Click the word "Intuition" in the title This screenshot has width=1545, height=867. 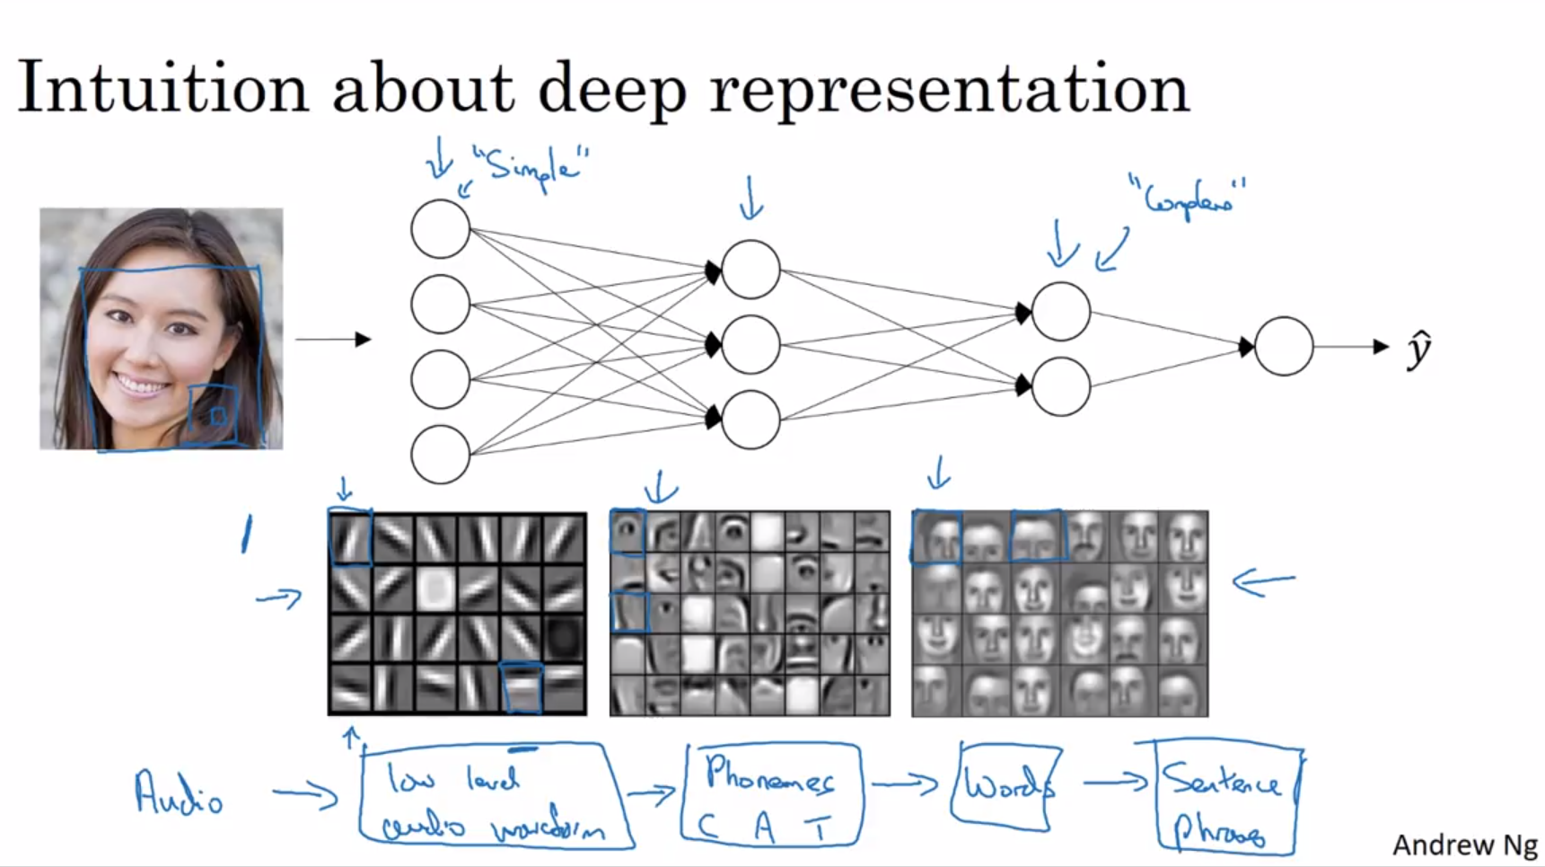[x=162, y=88]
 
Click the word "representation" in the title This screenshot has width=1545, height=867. [x=949, y=90]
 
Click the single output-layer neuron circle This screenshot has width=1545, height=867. [x=1284, y=346]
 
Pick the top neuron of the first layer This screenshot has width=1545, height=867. [x=440, y=229]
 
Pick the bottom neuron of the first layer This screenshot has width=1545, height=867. [x=440, y=455]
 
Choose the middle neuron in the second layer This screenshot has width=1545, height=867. [x=751, y=344]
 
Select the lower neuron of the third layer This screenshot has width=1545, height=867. [x=1061, y=386]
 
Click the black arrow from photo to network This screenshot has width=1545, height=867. [x=333, y=339]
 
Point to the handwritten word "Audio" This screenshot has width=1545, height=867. [x=178, y=793]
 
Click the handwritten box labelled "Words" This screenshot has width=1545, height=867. [x=1005, y=784]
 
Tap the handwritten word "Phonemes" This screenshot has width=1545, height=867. [x=769, y=774]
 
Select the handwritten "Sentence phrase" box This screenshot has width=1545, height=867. [x=1226, y=798]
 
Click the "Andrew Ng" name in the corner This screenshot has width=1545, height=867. [x=1464, y=845]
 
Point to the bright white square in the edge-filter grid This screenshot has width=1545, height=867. [x=436, y=588]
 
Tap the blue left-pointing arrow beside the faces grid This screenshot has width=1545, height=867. [x=1264, y=583]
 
